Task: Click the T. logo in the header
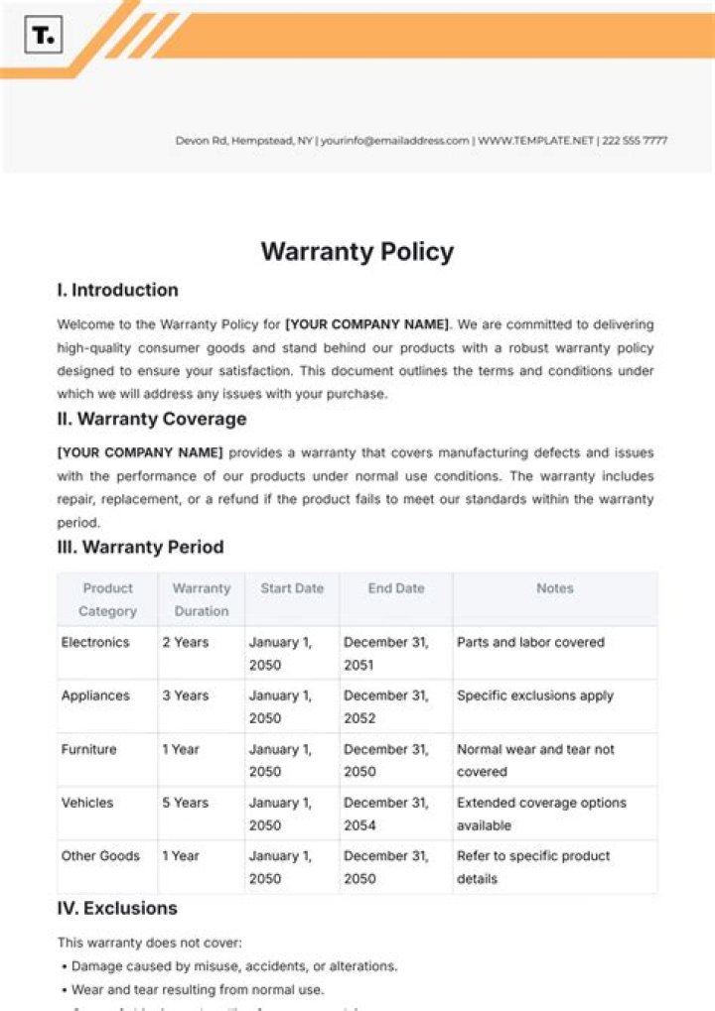[x=44, y=36]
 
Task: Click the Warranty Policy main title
[x=357, y=251]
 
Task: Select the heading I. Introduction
[x=118, y=291]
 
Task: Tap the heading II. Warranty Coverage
[x=152, y=419]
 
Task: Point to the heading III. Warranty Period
[x=140, y=547]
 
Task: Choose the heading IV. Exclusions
[x=117, y=908]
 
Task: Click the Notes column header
[x=554, y=588]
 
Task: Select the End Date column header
[x=395, y=588]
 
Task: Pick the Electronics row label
[x=95, y=642]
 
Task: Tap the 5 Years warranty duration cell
[x=186, y=803]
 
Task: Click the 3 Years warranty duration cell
[x=186, y=695]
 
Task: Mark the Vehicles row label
[x=87, y=803]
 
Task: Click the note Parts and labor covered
[x=530, y=642]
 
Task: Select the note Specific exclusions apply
[x=535, y=695]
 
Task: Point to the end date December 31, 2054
[x=386, y=814]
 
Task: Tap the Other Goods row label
[x=100, y=856]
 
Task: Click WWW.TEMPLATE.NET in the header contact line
[x=535, y=141]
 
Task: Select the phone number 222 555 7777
[x=635, y=141]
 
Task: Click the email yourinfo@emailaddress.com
[x=394, y=141]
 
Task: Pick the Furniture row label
[x=89, y=749]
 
